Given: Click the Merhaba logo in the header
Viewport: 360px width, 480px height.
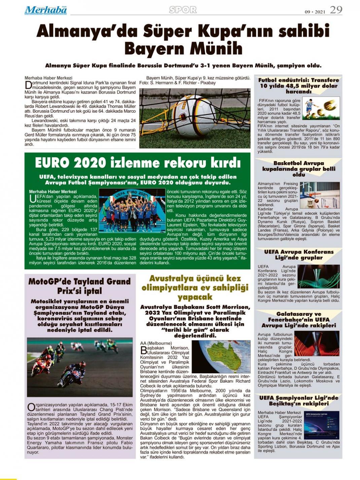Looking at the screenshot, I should [x=45, y=10].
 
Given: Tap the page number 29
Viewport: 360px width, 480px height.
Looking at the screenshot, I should [x=336, y=10].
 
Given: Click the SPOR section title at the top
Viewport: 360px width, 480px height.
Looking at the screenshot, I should [x=183, y=10].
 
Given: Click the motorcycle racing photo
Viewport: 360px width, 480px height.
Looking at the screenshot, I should [x=80, y=367].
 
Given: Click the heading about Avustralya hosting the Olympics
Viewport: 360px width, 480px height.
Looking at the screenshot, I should [x=195, y=287].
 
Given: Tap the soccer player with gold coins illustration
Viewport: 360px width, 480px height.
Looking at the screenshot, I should [x=321, y=108].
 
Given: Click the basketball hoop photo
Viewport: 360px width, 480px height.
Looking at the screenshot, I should [x=319, y=195].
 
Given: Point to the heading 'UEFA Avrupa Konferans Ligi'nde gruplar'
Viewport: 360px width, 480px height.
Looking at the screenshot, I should [x=298, y=254].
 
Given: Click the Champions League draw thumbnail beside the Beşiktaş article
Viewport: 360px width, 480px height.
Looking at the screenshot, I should [x=321, y=425].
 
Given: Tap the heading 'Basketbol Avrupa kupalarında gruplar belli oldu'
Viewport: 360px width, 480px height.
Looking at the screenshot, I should [x=298, y=169].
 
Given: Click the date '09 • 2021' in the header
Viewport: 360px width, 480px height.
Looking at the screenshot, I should [x=315, y=12].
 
